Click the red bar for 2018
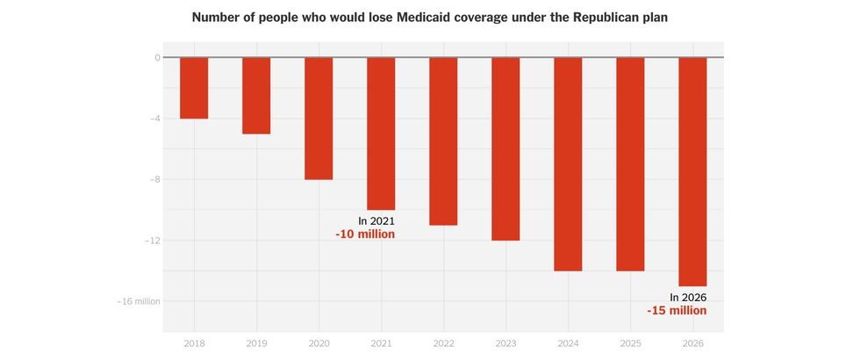(x=194, y=88)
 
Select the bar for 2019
(x=256, y=96)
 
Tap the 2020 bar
(x=319, y=119)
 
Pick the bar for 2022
(x=443, y=141)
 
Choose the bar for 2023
(x=505, y=149)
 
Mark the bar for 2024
(x=568, y=164)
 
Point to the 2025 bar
(x=630, y=164)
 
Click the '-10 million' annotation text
(x=365, y=234)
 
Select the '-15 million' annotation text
(x=677, y=311)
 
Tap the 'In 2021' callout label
(x=376, y=221)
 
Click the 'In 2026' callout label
(x=688, y=298)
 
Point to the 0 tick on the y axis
(x=157, y=58)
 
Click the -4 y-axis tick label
(x=154, y=119)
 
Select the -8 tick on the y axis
(x=154, y=180)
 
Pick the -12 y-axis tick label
(x=153, y=241)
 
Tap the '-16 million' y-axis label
(x=139, y=301)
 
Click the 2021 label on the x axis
(x=381, y=343)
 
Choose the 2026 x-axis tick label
(x=692, y=343)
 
